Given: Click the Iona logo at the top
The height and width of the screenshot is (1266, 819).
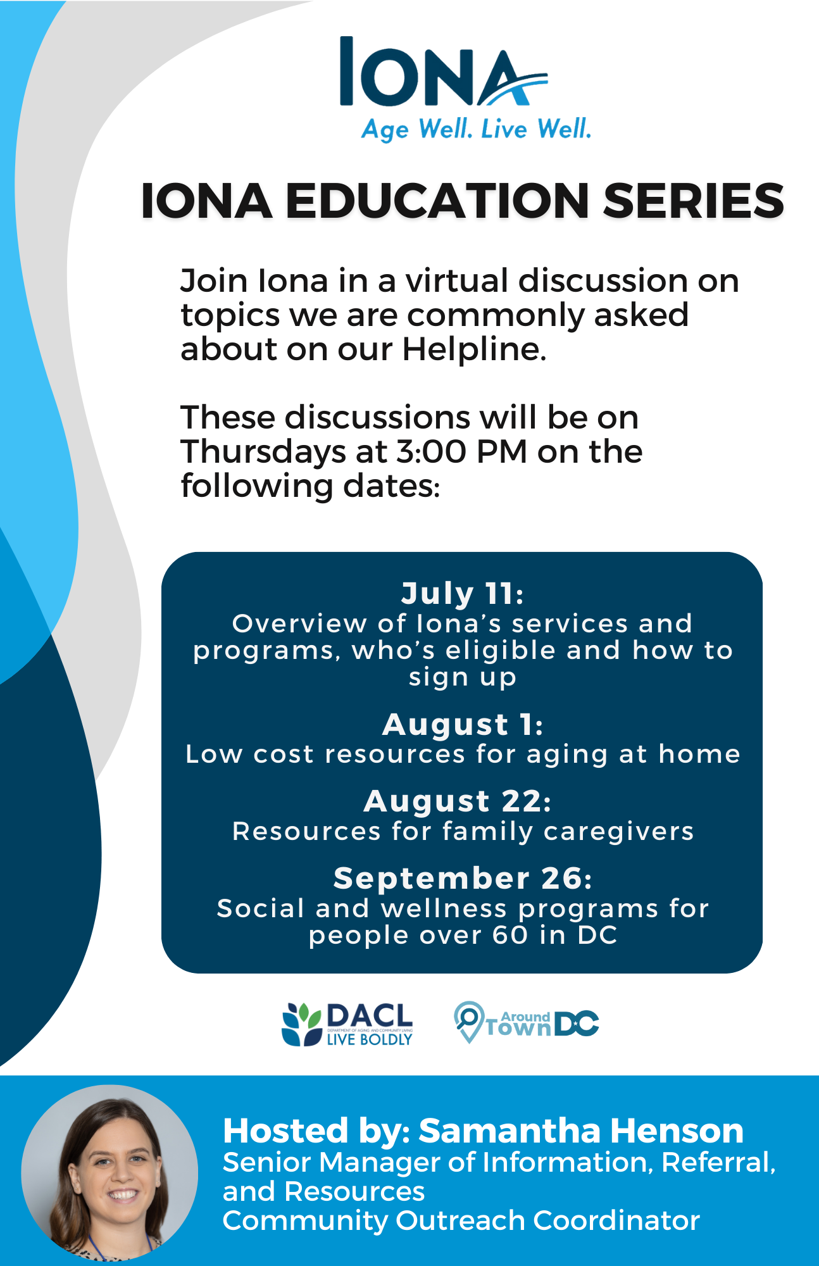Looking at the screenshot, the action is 444,72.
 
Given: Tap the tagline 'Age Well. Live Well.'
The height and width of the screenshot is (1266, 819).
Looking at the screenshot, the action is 476,130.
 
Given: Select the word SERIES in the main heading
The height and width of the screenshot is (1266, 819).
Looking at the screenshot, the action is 693,201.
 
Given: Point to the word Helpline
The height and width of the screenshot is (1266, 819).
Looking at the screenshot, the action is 474,349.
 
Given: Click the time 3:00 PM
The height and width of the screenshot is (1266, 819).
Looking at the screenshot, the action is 462,451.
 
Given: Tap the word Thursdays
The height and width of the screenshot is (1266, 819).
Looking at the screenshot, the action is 263,452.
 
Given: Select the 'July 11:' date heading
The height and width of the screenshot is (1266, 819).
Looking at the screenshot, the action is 463,594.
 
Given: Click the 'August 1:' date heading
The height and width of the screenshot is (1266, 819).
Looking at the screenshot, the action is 463,725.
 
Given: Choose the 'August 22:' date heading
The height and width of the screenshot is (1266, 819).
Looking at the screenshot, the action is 458,801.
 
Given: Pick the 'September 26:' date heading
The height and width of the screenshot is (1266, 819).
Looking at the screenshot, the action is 463,879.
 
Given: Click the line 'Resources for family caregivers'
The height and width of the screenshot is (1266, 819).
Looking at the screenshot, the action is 463,831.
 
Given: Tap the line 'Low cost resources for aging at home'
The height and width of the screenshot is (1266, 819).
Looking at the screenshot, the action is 463,755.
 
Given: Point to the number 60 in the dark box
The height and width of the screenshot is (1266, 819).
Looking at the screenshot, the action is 510,935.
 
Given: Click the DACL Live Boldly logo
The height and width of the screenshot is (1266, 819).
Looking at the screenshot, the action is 347,1024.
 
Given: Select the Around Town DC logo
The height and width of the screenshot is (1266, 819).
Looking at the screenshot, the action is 527,1022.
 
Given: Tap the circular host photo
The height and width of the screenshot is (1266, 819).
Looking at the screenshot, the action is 109,1173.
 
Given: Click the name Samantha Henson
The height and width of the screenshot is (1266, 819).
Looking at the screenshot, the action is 581,1131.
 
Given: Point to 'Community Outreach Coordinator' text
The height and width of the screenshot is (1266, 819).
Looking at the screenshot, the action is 461,1220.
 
